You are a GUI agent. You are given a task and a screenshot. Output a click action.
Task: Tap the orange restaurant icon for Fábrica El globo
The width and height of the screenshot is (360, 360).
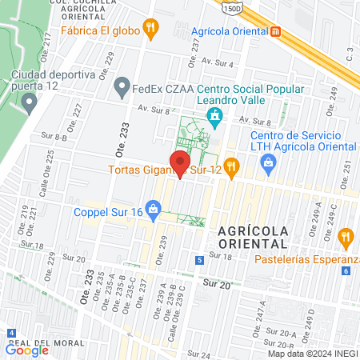coord(150,30)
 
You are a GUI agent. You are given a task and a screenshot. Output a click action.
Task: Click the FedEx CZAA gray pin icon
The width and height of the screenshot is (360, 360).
coord(122,85)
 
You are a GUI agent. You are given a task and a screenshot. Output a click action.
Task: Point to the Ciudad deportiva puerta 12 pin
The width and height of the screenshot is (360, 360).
coord(30,102)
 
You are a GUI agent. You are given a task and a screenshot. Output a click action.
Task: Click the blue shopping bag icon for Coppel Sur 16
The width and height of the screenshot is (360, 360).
coord(155,211)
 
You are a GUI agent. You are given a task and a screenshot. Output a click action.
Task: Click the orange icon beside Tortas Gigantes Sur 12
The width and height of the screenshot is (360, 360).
coord(232,167)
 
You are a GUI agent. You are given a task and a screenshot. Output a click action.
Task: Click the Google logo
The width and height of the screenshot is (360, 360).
coord(27,350)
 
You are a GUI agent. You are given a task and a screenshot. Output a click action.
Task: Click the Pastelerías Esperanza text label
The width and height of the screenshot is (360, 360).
coord(307,259)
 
